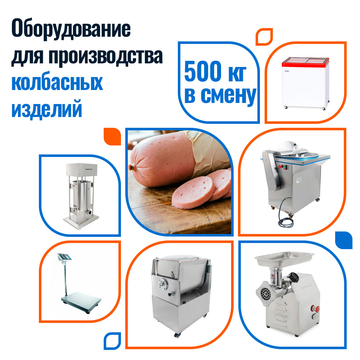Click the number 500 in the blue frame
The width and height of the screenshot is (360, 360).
coord(202,71)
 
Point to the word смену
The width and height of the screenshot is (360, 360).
coord(229,96)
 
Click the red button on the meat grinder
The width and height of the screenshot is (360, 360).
coord(315,309)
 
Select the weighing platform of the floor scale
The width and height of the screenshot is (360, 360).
coord(81,301)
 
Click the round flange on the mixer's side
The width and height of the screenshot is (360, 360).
coord(163,285)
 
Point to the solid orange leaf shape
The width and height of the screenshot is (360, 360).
coord(112,136)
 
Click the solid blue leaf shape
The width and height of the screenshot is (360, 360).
coord(344,240)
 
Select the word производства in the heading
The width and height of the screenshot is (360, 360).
coord(105,56)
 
